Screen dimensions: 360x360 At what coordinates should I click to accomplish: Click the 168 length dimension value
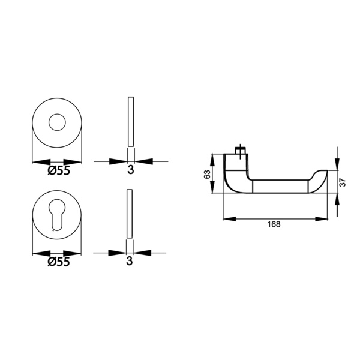(274, 224)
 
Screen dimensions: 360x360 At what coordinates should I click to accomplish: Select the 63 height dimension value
(207, 174)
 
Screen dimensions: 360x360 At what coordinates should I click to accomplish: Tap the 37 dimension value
(343, 182)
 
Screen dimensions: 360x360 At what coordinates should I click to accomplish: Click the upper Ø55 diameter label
(59, 170)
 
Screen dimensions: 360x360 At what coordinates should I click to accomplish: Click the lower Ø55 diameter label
(59, 262)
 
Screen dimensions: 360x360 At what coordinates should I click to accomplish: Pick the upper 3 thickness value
(131, 170)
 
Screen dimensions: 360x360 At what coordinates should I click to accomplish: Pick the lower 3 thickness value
(130, 261)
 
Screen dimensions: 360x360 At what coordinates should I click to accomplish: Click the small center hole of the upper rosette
(57, 122)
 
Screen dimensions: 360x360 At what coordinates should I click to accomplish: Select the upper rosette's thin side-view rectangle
(131, 121)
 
